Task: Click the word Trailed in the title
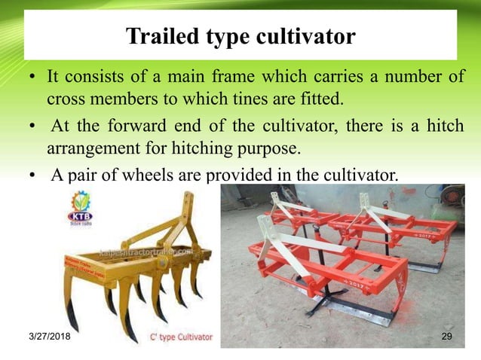tap(160, 35)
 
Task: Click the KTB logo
tap(80, 207)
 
